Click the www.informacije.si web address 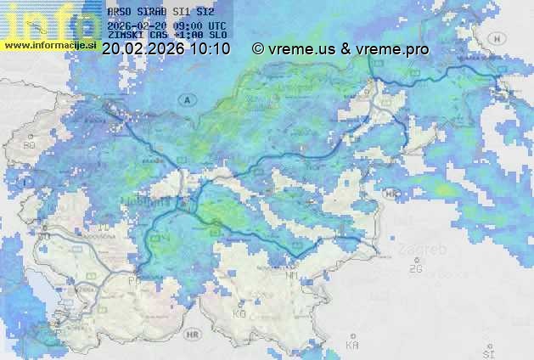click(49, 44)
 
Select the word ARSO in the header click(120, 12)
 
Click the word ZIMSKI click(125, 35)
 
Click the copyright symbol click(258, 49)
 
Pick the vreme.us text click(299, 49)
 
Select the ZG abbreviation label click(416, 270)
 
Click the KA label click(352, 346)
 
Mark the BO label click(30, 146)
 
